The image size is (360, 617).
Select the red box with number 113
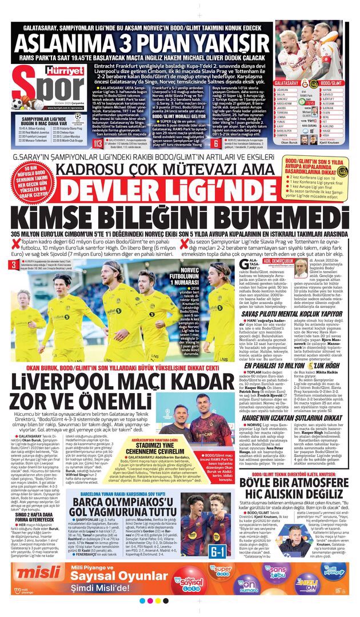(98, 142)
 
